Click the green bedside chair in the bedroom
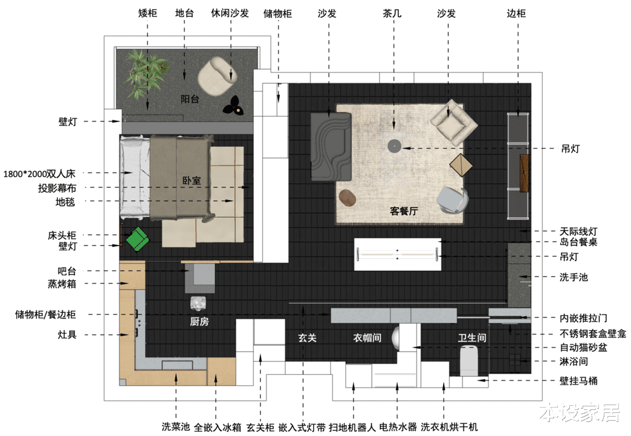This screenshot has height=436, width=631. (138, 239)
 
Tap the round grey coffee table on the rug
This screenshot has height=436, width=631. (394, 146)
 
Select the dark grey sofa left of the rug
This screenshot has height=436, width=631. (331, 146)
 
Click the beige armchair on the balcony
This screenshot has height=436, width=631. (218, 76)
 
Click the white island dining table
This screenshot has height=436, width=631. (398, 254)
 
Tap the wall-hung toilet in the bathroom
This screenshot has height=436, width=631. (469, 360)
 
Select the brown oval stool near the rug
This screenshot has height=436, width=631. (348, 198)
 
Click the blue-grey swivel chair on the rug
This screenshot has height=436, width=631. (452, 200)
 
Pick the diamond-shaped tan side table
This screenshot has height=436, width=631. (461, 164)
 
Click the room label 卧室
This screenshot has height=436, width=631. (192, 180)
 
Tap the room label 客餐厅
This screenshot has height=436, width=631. (404, 210)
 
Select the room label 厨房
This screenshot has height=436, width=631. (199, 321)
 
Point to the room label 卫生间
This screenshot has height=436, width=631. (472, 337)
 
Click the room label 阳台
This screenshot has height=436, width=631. (190, 99)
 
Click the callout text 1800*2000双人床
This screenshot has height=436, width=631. (39, 174)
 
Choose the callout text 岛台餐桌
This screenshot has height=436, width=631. (578, 241)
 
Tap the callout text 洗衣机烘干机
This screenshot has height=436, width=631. (449, 427)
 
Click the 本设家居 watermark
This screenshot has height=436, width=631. (580, 413)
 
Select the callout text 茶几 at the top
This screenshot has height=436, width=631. (392, 13)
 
